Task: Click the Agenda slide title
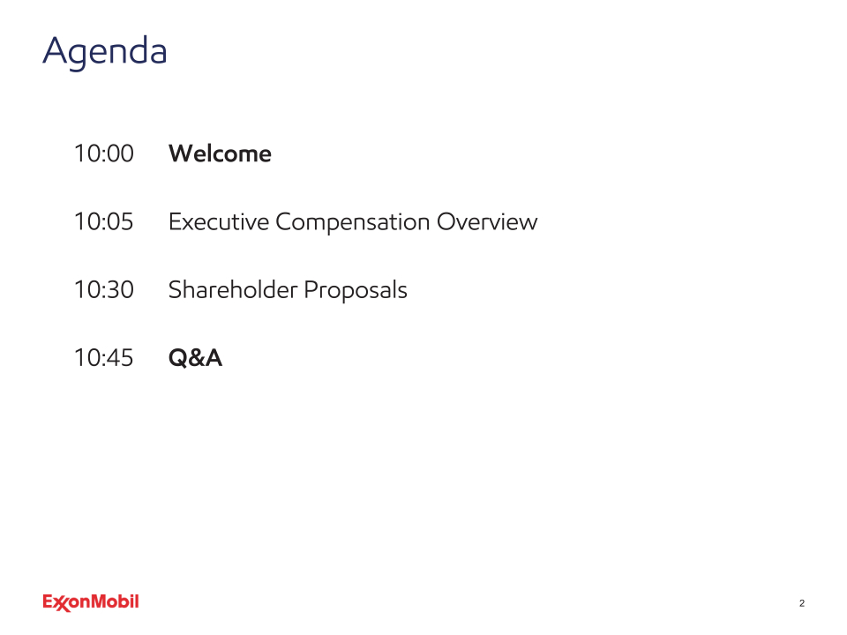pyautogui.click(x=105, y=52)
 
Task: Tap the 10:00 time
pyautogui.click(x=104, y=153)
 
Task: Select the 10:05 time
pyautogui.click(x=104, y=221)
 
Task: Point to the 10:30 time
pyautogui.click(x=104, y=289)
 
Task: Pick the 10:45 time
pyautogui.click(x=104, y=357)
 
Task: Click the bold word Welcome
pyautogui.click(x=220, y=153)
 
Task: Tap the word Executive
pyautogui.click(x=219, y=221)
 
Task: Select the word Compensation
pyautogui.click(x=353, y=222)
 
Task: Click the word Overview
pyautogui.click(x=487, y=221)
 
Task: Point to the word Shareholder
pyautogui.click(x=233, y=289)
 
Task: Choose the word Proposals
pyautogui.click(x=356, y=290)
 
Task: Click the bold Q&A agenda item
pyautogui.click(x=195, y=358)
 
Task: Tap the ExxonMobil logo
pyautogui.click(x=91, y=602)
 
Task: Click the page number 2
pyautogui.click(x=802, y=603)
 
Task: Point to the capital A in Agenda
pyautogui.click(x=55, y=50)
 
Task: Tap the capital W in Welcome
pyautogui.click(x=182, y=153)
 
